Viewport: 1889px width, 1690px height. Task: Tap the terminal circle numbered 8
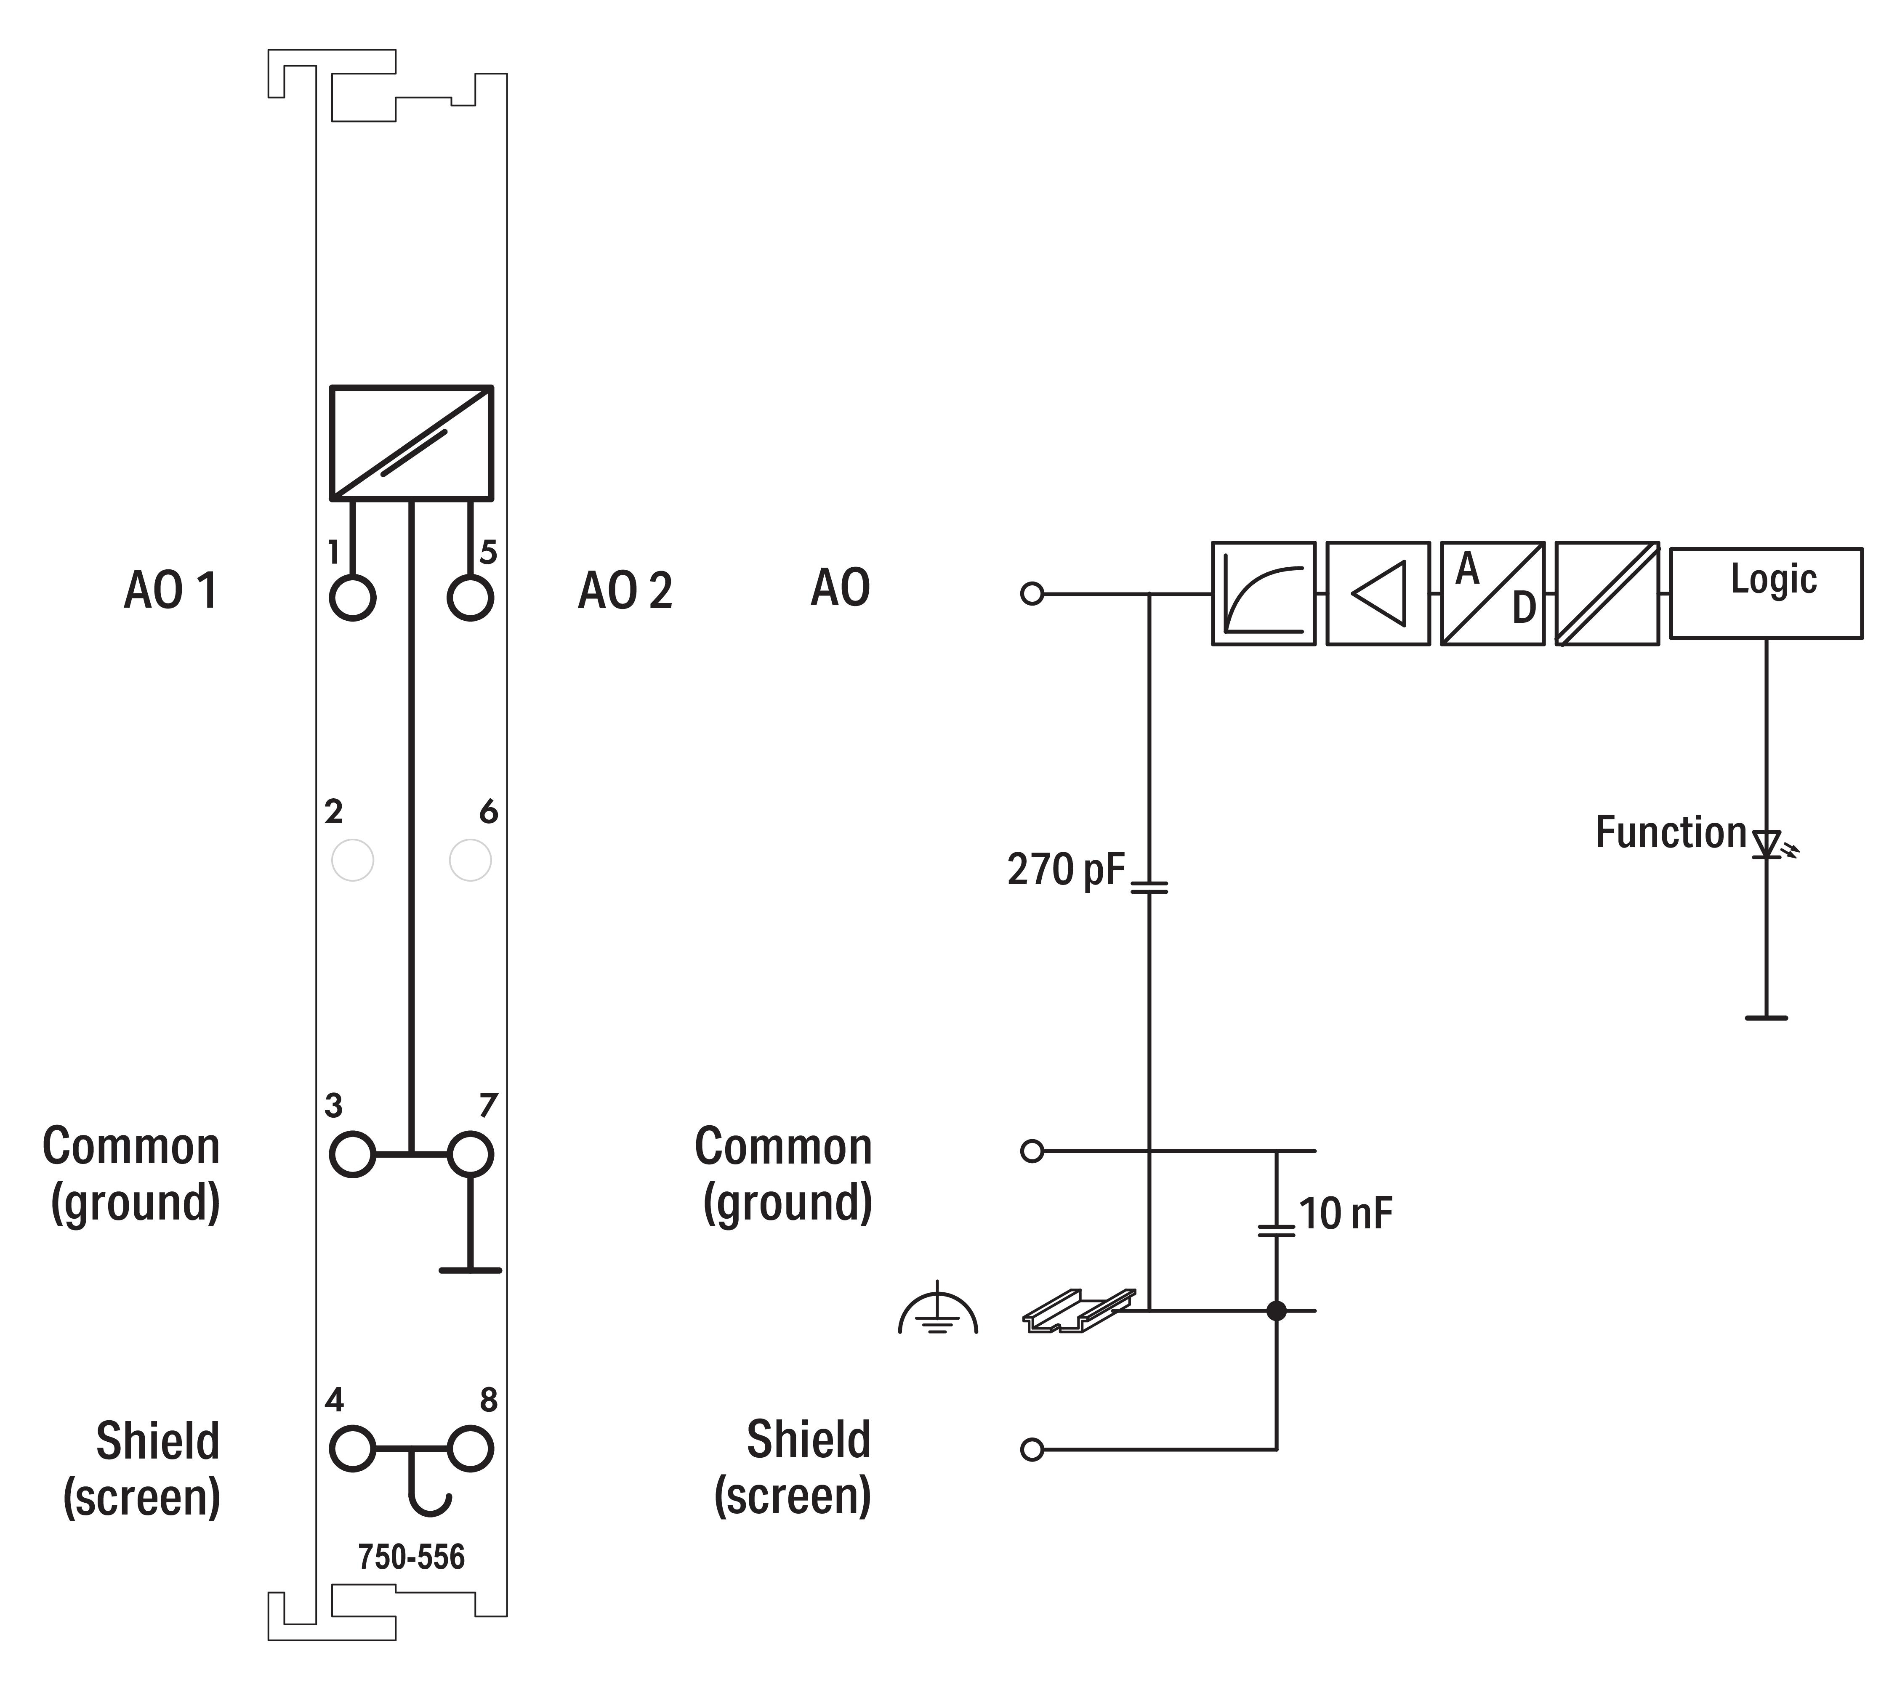click(470, 1448)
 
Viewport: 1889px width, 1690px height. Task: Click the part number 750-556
click(411, 1557)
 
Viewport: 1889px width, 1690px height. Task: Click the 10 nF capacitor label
click(1346, 1214)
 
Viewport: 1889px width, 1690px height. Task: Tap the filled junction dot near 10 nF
click(1277, 1310)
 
